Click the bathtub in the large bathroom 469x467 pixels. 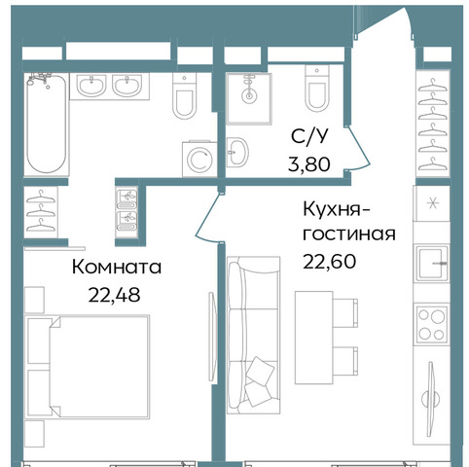coord(47,125)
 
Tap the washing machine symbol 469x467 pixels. coord(199,160)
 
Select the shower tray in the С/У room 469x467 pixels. coord(249,98)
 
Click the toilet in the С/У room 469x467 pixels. coord(317,88)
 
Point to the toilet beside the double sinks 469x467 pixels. coord(184,95)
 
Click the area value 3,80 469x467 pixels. coord(309,163)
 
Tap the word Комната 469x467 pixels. coord(117,268)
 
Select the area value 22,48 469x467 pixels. coord(114,295)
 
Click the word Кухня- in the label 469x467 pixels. coord(337,210)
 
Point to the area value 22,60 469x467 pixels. coord(329,262)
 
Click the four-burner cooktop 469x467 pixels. coord(432,324)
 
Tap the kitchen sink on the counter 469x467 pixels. coord(432,264)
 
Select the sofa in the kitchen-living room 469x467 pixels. coord(253,335)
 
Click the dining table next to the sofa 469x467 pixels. coord(314,338)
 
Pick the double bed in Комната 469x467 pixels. coord(88,366)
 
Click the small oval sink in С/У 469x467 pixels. coord(237,153)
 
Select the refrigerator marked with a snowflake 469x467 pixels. coord(432,203)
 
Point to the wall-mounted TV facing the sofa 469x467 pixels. coord(213,337)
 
